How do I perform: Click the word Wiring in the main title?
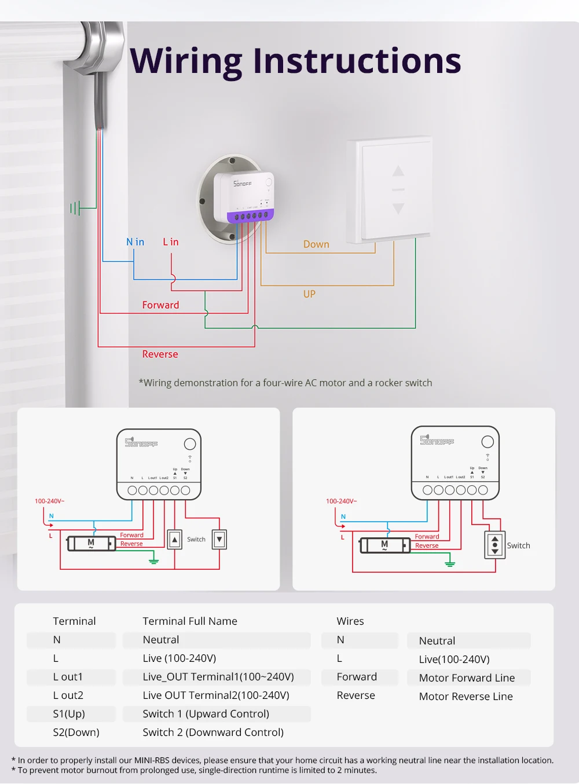[x=186, y=62]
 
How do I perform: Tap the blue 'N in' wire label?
[x=135, y=242]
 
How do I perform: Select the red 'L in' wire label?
[x=171, y=242]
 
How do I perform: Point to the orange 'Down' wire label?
[x=316, y=244]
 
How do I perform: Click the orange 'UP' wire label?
[x=309, y=294]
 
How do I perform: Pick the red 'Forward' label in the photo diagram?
[x=160, y=305]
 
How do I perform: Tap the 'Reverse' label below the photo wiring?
[x=160, y=354]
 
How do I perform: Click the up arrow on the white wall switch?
[x=398, y=171]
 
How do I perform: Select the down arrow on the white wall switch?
[x=398, y=208]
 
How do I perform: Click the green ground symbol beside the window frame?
[x=75, y=207]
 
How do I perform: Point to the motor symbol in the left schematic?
[x=91, y=544]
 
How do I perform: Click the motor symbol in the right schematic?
[x=384, y=545]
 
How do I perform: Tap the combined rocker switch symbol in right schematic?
[x=494, y=545]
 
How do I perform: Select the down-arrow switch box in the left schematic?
[x=219, y=539]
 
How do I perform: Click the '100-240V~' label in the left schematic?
[x=50, y=501]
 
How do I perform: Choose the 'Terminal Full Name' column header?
[x=190, y=621]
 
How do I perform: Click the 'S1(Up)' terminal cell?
[x=69, y=714]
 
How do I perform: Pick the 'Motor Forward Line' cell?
[x=467, y=678]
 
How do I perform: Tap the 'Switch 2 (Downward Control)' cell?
[x=213, y=732]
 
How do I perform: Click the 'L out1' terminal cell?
[x=68, y=677]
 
